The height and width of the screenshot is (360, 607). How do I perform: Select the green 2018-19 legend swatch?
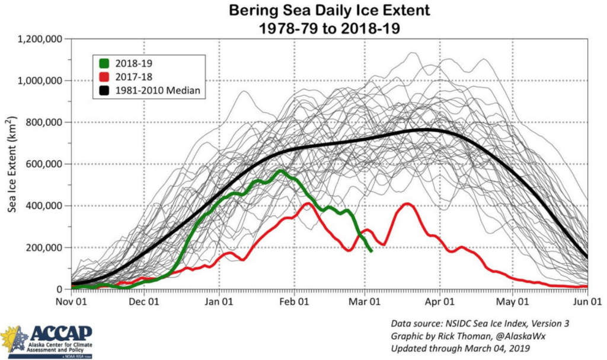pyautogui.click(x=104, y=61)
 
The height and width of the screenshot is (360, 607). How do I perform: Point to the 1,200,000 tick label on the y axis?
pyautogui.click(x=42, y=39)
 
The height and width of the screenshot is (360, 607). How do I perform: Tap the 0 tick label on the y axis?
pyautogui.click(x=62, y=289)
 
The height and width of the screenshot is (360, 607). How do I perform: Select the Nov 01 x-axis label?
pyautogui.click(x=71, y=301)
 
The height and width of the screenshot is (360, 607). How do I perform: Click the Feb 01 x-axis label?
pyautogui.click(x=294, y=301)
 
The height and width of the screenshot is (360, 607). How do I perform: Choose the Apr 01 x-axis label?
pyautogui.click(x=440, y=301)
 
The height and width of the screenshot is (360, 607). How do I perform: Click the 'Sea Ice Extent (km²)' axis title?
pyautogui.click(x=12, y=164)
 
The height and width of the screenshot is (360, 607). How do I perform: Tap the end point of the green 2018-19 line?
pyautogui.click(x=371, y=251)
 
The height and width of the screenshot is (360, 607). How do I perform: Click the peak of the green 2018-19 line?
pyautogui.click(x=279, y=171)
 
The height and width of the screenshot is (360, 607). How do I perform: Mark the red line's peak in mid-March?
pyautogui.click(x=407, y=203)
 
